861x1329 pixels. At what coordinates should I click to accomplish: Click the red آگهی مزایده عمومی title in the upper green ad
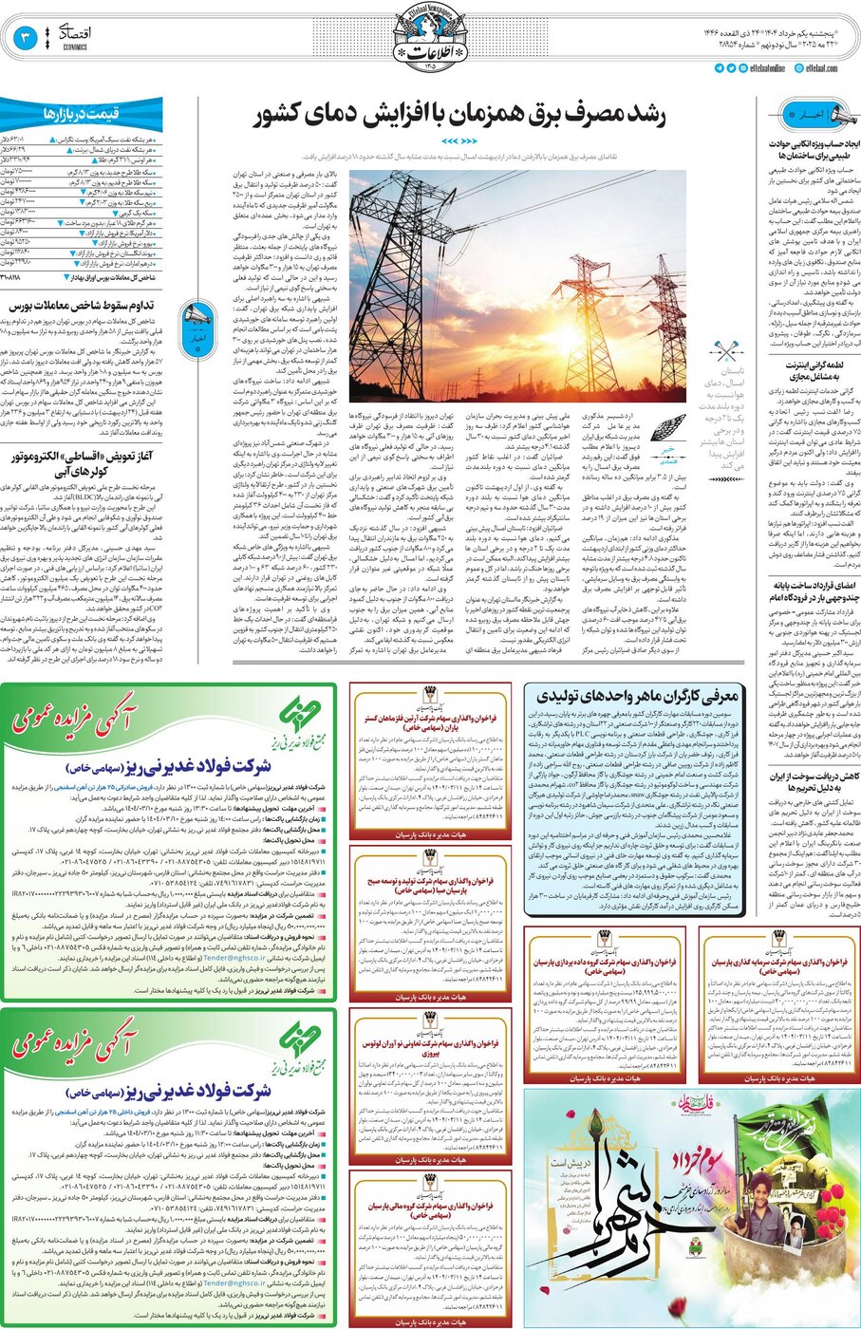click(x=75, y=716)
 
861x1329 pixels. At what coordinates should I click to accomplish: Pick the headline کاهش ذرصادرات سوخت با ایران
click(x=814, y=782)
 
